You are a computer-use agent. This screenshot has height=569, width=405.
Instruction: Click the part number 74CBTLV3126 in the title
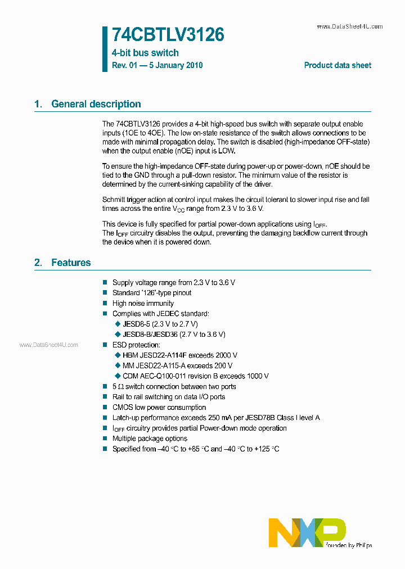coord(168,35)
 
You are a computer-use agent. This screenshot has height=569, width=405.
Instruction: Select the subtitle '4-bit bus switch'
coord(145,53)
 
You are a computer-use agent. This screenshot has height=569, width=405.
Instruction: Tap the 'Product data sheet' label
coord(337,65)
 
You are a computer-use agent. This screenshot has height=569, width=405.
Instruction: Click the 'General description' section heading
coord(96,104)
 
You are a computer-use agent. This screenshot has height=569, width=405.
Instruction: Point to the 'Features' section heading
coord(70,263)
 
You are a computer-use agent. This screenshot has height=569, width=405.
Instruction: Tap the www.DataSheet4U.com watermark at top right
coord(349,26)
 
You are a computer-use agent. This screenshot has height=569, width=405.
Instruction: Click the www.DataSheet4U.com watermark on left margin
coord(49,345)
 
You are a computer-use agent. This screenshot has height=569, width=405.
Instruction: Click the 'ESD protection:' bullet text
coord(136,345)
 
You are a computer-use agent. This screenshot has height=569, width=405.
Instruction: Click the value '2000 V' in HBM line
coord(226,355)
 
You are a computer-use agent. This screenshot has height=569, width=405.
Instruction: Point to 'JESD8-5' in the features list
coord(134,324)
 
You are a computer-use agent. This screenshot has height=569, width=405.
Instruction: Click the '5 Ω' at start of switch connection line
coord(118,386)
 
